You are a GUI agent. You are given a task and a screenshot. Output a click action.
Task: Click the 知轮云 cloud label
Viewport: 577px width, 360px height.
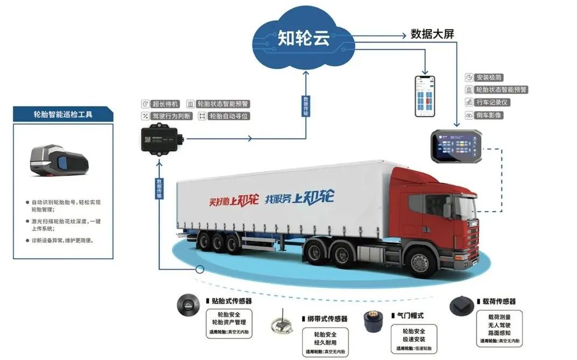304,38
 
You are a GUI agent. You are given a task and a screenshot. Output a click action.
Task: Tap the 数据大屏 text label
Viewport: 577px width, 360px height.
432,34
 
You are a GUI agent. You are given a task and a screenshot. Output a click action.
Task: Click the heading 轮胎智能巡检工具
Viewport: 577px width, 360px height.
63,114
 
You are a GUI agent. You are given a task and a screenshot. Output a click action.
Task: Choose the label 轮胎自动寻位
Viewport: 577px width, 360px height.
229,116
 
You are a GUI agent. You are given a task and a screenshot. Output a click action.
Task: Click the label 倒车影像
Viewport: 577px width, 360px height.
489,115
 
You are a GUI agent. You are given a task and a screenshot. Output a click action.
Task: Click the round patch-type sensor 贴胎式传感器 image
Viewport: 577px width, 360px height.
188,306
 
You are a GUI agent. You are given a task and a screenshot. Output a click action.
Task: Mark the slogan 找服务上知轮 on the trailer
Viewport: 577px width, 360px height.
299,197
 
